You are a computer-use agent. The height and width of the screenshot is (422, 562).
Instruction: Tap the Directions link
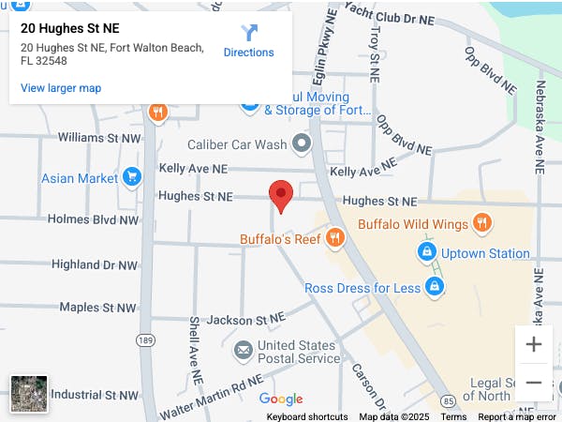pyautogui.click(x=249, y=41)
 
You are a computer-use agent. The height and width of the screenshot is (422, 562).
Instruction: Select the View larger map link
pyautogui.click(x=61, y=88)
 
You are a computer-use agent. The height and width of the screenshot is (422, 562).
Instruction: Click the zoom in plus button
pyautogui.click(x=534, y=344)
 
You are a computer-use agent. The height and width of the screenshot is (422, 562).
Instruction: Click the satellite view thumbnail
pyautogui.click(x=28, y=394)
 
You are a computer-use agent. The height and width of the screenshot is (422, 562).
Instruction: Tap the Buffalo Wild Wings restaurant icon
pyautogui.click(x=482, y=223)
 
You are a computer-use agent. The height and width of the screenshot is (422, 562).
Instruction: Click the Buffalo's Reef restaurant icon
pyautogui.click(x=334, y=239)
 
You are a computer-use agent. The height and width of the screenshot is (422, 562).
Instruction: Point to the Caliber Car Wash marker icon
pyautogui.click(x=302, y=144)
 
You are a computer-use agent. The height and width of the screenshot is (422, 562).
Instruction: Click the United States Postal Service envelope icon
pyautogui.click(x=244, y=351)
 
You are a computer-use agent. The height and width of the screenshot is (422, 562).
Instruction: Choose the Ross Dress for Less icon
pyautogui.click(x=435, y=287)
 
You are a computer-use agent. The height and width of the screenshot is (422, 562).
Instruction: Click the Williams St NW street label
pyautogui.click(x=98, y=138)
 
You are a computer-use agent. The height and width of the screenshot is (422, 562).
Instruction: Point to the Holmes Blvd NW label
pyautogui.click(x=93, y=219)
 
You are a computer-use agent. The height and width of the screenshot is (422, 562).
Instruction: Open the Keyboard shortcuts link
pyautogui.click(x=307, y=416)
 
